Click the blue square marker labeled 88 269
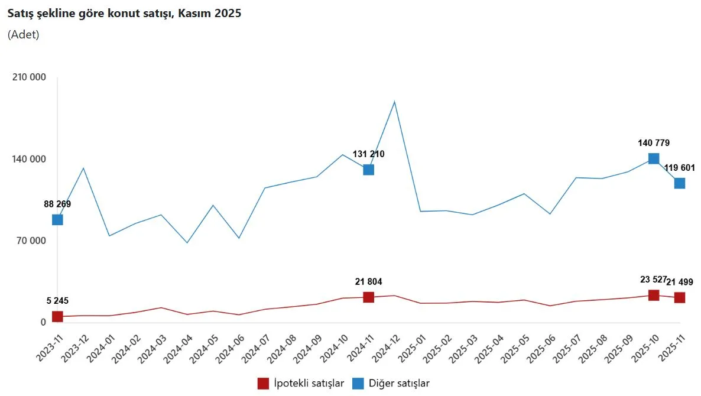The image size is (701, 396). coord(57,219)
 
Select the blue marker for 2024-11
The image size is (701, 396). coord(368,170)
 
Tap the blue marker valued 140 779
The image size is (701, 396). coord(654,158)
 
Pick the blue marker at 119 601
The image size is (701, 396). coord(680,183)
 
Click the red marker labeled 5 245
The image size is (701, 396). coord(57,316)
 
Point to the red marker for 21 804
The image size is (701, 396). coord(368,297)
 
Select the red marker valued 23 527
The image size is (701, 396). coord(654,295)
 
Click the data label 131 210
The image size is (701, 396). coord(368,154)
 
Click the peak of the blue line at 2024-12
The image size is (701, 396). coord(394,102)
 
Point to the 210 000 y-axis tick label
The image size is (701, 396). coord(29,77)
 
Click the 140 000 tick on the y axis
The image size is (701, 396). coord(29,159)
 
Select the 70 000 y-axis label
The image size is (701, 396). coord(31,241)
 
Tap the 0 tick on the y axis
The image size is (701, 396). coord(43,322)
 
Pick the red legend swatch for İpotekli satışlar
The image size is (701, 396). coord(263,383)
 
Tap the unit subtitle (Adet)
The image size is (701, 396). coord(24,34)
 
